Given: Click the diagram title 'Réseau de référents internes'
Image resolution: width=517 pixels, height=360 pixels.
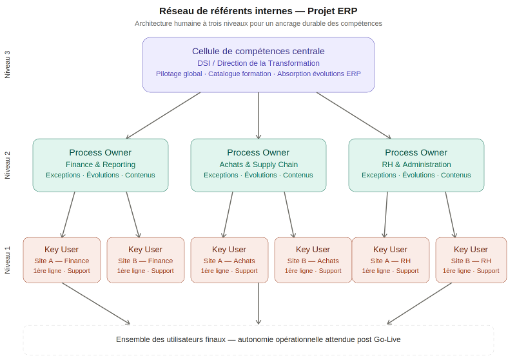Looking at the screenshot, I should [258, 11].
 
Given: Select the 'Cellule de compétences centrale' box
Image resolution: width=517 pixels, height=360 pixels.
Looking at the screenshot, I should [258, 65].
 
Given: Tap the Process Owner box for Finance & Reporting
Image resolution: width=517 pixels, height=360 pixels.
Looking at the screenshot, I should [100, 165].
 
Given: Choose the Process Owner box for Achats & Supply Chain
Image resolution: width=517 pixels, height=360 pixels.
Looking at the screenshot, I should [258, 165].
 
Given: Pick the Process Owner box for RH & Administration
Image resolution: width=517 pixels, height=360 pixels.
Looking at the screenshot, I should [416, 165].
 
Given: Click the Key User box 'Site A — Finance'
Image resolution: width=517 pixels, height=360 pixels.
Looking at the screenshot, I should [62, 260].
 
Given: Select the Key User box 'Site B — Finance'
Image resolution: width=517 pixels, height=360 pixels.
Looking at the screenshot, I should [145, 260].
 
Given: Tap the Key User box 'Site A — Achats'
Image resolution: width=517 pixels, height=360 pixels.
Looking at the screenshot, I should [229, 260].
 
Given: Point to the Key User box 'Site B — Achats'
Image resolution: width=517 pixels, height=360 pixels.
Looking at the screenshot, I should [313, 260].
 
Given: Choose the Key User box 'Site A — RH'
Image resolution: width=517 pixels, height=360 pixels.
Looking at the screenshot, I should [390, 260].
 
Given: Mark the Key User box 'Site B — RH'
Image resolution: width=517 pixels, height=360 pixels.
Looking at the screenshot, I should [471, 260].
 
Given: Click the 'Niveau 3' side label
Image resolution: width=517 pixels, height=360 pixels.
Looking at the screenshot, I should [8, 65].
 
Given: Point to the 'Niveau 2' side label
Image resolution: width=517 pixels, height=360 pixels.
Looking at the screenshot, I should [8, 165].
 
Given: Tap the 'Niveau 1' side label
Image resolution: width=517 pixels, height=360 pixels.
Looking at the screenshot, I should [8, 260].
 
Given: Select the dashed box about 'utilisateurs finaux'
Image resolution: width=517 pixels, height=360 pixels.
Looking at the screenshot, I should [258, 339].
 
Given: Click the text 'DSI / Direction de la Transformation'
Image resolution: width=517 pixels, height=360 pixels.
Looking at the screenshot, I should [258, 63].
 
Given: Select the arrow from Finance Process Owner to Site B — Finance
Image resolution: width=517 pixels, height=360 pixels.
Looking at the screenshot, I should [133, 214].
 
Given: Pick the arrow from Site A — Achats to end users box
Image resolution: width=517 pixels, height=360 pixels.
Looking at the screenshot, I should [258, 303].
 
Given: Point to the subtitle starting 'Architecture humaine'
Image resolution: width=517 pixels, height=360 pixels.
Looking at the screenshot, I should [258, 23].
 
